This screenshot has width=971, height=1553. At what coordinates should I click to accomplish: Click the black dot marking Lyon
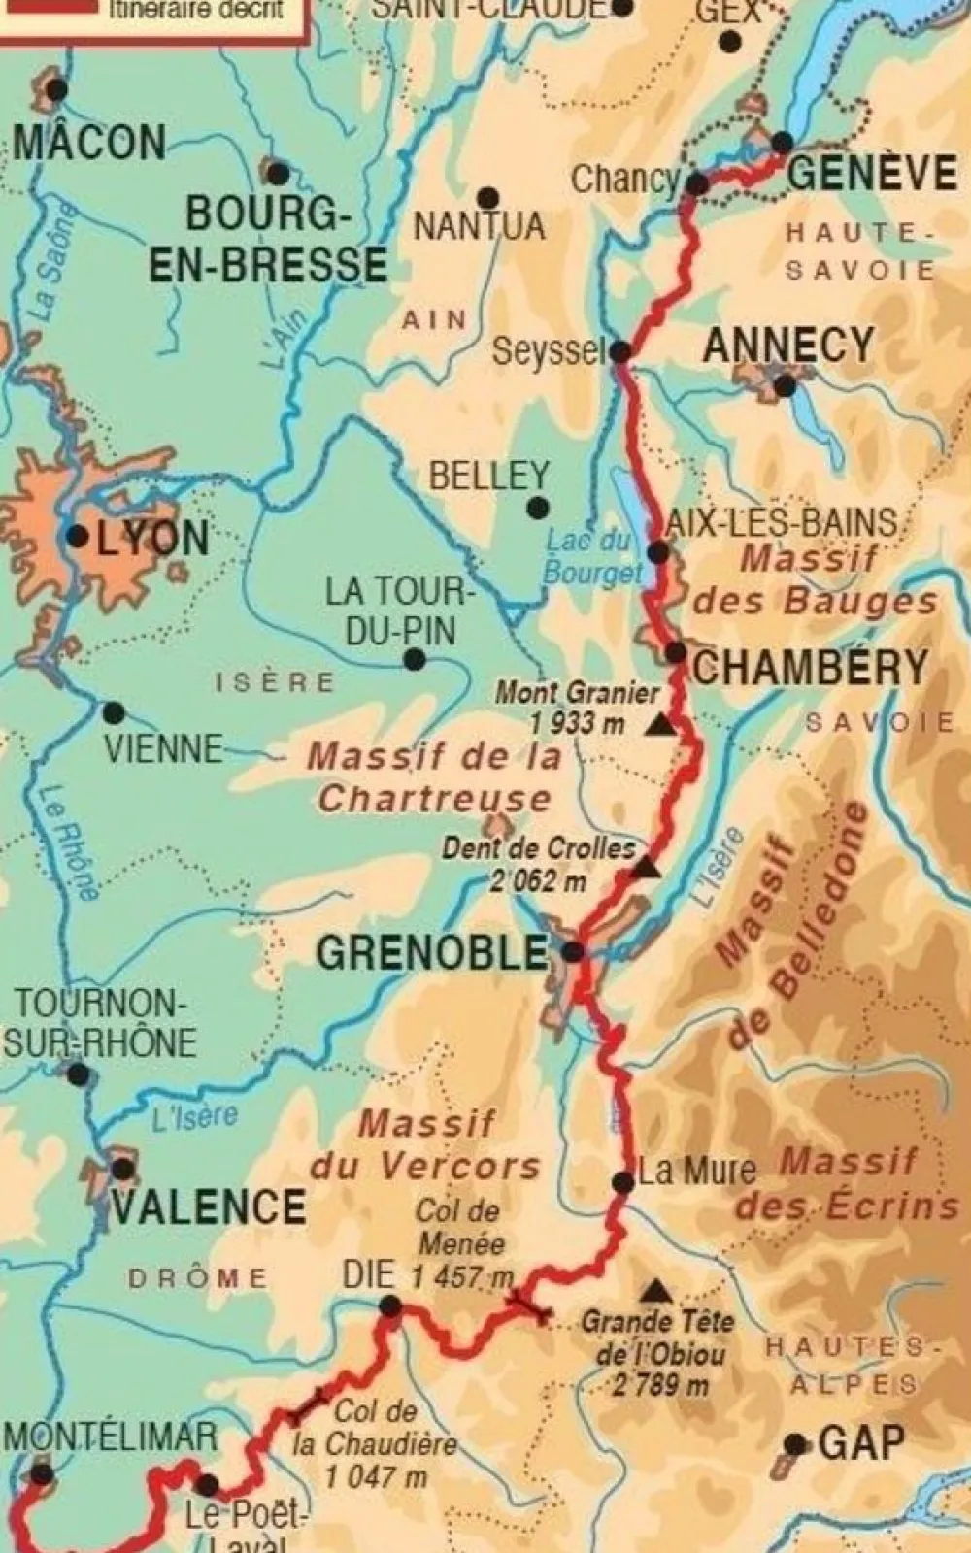click(x=76, y=536)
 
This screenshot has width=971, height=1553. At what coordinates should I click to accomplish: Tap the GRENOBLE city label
click(x=432, y=953)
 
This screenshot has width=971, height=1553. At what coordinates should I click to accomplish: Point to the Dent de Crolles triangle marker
click(x=644, y=867)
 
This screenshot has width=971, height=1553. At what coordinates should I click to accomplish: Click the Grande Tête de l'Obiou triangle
click(x=657, y=1291)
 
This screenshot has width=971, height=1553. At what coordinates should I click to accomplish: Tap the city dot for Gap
click(x=796, y=1445)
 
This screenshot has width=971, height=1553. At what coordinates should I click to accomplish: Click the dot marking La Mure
click(x=623, y=1183)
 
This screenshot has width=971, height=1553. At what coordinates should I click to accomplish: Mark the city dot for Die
click(x=389, y=1307)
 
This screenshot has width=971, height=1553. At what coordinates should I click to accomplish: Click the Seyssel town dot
click(x=620, y=351)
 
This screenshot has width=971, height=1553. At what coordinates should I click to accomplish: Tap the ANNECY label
click(x=787, y=345)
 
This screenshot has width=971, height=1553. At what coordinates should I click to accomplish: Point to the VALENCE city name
click(x=209, y=1206)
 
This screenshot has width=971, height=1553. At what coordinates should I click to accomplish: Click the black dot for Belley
click(x=536, y=508)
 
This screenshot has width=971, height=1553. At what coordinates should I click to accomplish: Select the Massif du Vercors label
click(x=425, y=1145)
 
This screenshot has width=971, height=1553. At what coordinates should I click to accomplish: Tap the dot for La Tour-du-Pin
click(x=415, y=660)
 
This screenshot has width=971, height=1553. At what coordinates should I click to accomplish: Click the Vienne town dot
click(x=114, y=713)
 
